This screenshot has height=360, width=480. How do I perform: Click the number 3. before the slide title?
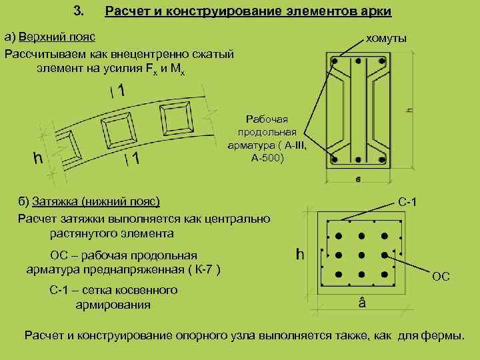(77, 11)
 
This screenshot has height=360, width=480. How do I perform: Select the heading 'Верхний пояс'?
(57, 35)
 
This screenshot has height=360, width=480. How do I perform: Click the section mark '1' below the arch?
(135, 159)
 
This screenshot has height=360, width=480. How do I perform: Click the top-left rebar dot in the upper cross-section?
(336, 61)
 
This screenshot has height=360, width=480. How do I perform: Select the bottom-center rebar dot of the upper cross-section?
(359, 160)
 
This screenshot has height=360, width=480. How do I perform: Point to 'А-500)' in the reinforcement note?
(267, 158)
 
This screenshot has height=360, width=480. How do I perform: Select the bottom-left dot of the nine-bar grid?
(339, 274)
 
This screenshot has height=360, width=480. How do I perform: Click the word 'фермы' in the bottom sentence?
(442, 335)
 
